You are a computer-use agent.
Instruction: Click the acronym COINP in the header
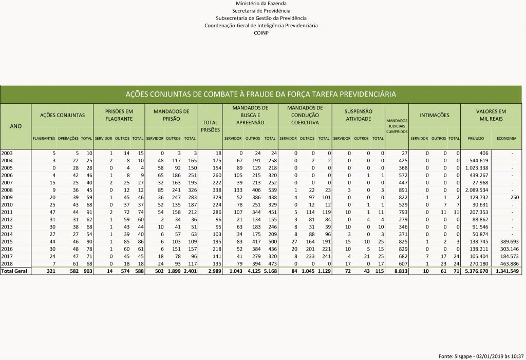click(261, 32)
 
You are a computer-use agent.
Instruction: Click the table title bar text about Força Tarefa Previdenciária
click(261, 94)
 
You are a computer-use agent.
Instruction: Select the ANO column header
click(15, 126)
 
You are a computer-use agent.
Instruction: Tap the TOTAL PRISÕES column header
click(210, 126)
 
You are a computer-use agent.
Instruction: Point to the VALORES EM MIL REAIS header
click(491, 115)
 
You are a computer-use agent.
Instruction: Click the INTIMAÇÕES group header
click(435, 115)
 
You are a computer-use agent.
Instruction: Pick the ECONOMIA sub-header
click(506, 139)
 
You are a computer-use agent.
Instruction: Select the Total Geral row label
click(13, 271)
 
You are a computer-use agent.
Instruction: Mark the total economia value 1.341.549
click(506, 271)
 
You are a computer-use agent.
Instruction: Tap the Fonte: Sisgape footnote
click(481, 355)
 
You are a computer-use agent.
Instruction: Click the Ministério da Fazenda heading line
click(261, 4)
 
